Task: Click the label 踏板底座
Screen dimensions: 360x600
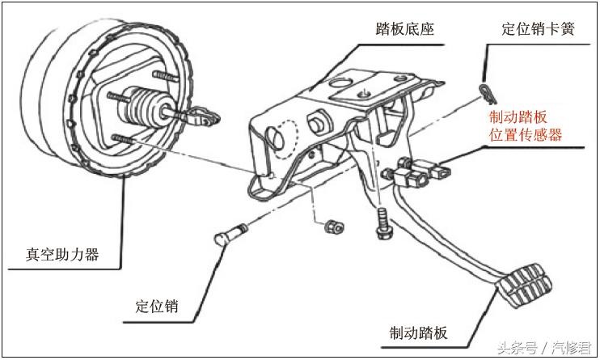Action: (x=405, y=30)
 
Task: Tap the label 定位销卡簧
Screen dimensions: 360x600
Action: (x=539, y=30)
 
